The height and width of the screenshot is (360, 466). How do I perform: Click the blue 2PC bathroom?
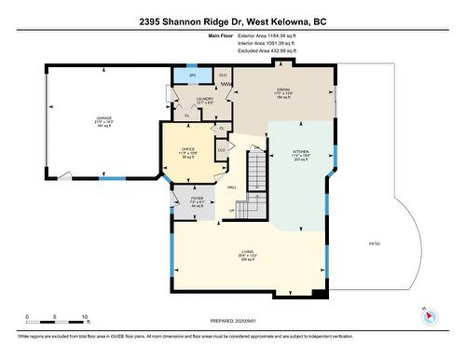click(191, 75)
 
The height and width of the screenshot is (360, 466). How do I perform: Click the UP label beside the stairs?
click(232, 210)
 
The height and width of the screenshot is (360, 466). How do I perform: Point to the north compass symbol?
click(428, 315)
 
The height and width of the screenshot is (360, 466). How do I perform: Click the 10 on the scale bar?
click(85, 317)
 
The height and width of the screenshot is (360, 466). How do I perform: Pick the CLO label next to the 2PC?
click(223, 75)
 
